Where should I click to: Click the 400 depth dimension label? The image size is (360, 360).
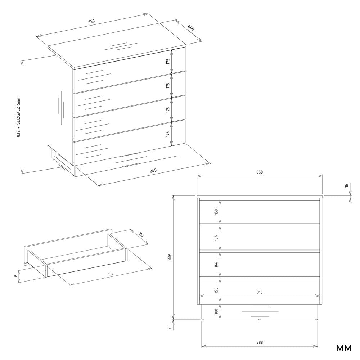191,28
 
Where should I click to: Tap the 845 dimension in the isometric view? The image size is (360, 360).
153,171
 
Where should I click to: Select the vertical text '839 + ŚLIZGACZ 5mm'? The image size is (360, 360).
19,117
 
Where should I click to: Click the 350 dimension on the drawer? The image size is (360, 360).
141,234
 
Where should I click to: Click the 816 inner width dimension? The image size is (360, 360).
260,292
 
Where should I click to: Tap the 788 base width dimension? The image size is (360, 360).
260,343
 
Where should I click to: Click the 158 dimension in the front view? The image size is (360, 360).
216,212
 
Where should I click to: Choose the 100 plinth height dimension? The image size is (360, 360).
216,311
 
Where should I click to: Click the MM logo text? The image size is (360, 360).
344,348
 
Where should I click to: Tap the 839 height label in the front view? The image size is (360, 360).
170,257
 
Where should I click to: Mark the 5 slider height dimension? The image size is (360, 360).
170,329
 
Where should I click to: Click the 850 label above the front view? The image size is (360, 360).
260,172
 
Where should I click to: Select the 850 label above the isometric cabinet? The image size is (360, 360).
91,22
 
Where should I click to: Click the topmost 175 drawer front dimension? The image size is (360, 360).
168,62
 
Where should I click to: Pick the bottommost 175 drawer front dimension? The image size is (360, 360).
168,134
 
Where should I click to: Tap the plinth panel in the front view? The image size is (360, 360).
260,311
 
